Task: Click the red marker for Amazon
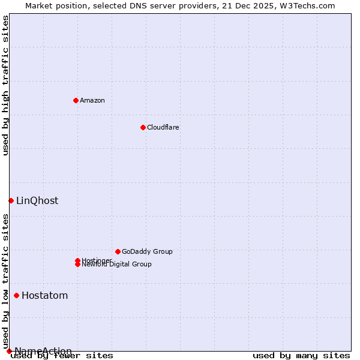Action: [x=76, y=100]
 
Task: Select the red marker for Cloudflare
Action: [x=143, y=127]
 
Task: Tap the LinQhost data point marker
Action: [x=11, y=200]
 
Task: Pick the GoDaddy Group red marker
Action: [x=118, y=251]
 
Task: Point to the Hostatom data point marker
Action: [x=16, y=295]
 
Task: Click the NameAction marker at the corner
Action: [x=9, y=351]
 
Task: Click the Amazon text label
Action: [x=92, y=100]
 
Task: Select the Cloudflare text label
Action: [x=163, y=127]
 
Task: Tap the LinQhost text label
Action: [x=37, y=200]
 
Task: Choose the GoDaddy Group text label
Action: [x=147, y=251]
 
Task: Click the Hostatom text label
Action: [x=44, y=295]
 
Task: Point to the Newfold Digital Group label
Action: [x=116, y=265]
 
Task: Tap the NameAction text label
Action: [x=43, y=351]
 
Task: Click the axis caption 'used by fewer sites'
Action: [x=62, y=356]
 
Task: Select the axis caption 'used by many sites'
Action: [x=301, y=356]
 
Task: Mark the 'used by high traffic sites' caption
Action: [x=5, y=85]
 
